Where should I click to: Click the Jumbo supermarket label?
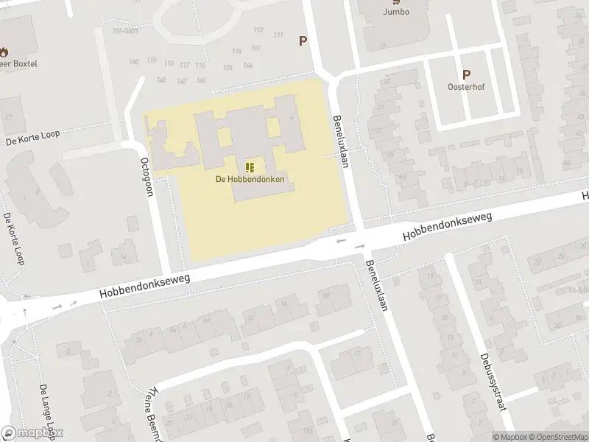395,12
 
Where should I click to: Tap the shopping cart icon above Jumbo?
395,2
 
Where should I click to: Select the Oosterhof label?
465,86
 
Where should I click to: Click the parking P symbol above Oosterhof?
465,74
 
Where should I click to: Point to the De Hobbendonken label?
250,179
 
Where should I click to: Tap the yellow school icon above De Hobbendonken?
250,166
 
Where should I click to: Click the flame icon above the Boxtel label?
5,52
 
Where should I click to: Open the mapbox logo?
32,433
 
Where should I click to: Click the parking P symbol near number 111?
302,41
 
